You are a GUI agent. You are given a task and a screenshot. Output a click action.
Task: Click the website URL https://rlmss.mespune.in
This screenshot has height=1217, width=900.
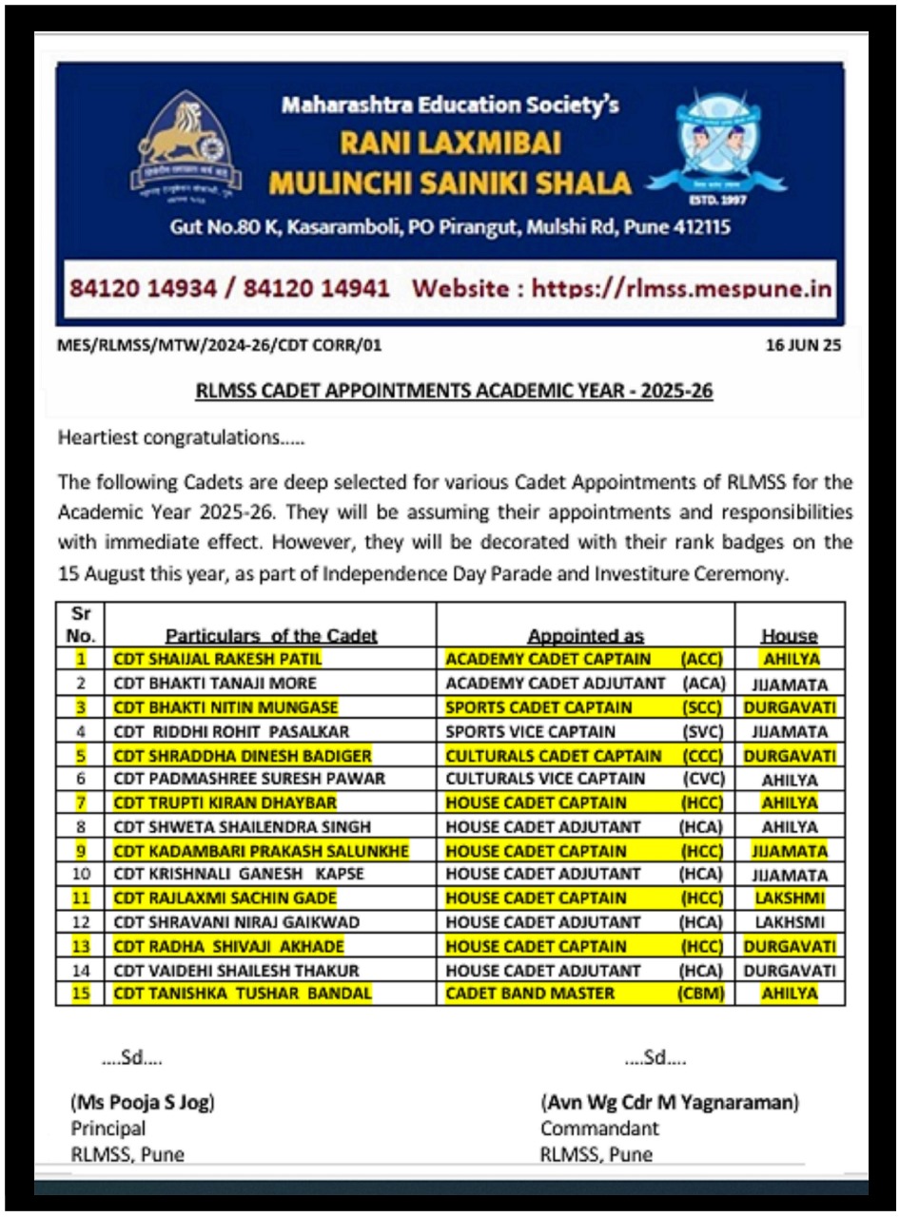(x=681, y=288)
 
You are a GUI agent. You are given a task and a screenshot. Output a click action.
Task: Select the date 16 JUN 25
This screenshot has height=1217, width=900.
(x=803, y=346)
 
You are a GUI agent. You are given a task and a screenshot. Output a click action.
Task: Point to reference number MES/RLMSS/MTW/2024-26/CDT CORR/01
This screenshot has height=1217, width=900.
(x=220, y=346)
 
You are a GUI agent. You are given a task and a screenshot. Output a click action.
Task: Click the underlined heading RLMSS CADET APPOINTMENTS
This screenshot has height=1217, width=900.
(x=454, y=391)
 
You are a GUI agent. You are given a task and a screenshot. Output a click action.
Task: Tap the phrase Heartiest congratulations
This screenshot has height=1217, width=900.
(x=183, y=438)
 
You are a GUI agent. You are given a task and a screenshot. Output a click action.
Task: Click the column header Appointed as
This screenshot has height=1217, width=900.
(x=585, y=636)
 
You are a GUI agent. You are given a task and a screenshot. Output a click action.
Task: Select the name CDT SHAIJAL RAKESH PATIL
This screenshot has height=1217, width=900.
(x=217, y=659)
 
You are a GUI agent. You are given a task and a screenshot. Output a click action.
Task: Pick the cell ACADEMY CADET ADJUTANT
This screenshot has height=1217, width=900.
(x=556, y=683)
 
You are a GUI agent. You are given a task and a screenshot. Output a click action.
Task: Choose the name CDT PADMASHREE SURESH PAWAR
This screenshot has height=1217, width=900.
(x=249, y=779)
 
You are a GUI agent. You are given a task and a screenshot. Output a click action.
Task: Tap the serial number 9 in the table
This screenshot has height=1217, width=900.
(x=81, y=851)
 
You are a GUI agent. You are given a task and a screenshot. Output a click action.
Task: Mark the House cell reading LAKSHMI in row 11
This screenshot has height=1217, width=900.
(x=789, y=898)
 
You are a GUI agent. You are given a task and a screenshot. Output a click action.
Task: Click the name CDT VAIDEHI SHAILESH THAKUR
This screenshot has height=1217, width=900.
(x=236, y=971)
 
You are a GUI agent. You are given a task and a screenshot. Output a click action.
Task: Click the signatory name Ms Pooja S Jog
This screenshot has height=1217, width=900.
(x=142, y=1104)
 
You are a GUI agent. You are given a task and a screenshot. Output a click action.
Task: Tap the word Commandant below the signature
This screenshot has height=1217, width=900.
(x=599, y=1130)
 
